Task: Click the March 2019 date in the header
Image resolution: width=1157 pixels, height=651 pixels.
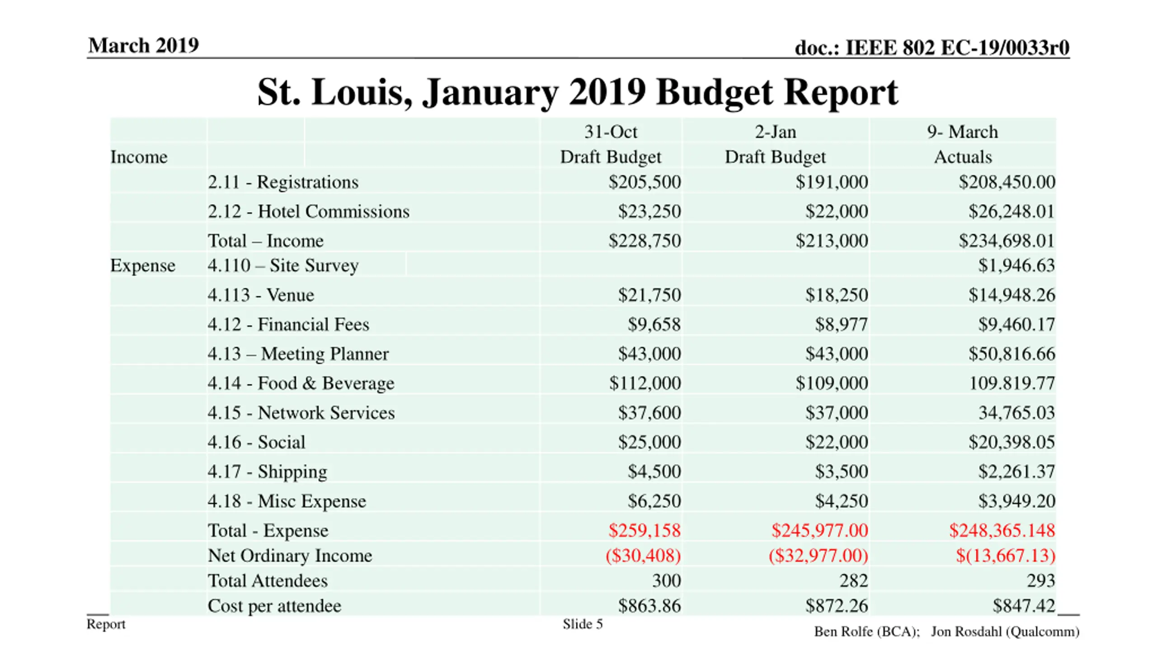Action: point(143,45)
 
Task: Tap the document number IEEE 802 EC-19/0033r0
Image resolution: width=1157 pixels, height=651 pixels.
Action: point(931,47)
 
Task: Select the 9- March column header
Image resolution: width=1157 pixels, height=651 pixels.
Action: point(962,132)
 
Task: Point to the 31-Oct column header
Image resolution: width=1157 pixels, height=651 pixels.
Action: point(610,132)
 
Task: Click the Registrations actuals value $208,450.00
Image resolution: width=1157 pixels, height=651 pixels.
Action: point(1006,182)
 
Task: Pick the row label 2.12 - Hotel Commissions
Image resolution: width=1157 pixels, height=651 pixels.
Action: point(308,211)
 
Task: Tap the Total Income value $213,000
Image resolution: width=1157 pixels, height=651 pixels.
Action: point(831,241)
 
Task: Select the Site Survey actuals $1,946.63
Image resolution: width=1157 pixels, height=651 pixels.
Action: point(1016,265)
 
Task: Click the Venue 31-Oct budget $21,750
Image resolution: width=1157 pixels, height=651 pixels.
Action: point(649,295)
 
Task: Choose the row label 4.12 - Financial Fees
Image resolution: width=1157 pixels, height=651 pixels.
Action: point(288,324)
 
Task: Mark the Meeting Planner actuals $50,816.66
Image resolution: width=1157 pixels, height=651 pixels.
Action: point(1011,354)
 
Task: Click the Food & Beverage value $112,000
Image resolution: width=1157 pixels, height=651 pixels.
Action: point(644,383)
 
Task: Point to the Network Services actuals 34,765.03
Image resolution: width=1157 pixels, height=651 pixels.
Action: point(1016,412)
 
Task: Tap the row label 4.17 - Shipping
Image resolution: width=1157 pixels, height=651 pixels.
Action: point(267,472)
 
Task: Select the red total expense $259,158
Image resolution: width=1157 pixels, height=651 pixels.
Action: point(644,530)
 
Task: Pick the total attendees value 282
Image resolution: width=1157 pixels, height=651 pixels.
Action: point(853,580)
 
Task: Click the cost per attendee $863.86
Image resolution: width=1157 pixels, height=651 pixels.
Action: point(649,606)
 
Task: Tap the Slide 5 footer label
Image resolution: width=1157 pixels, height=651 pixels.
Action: point(582,624)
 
